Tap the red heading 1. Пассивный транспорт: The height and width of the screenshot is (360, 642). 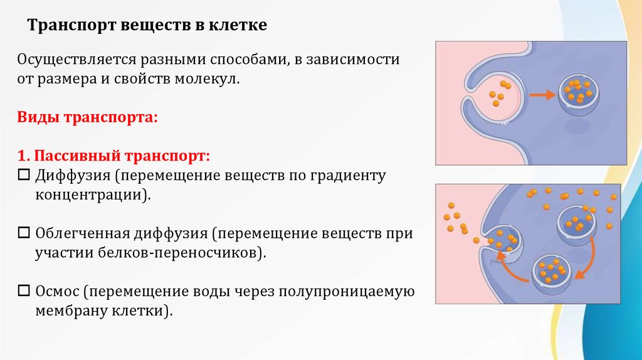[113, 155]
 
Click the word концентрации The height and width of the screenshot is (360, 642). [92, 194]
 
